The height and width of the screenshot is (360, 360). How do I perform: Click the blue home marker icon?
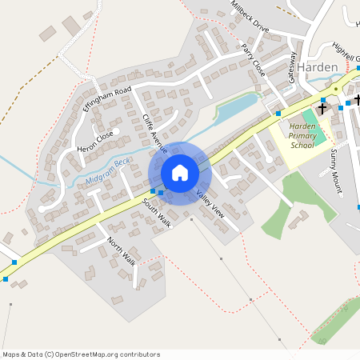pyautogui.click(x=179, y=173)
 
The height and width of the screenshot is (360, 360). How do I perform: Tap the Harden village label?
pyautogui.click(x=321, y=67)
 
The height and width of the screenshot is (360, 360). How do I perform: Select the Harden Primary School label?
pyautogui.click(x=303, y=134)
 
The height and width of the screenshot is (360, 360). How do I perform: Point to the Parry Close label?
pyautogui.click(x=253, y=60)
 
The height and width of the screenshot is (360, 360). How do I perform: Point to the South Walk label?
pyautogui.click(x=158, y=212)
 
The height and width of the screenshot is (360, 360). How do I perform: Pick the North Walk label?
pyautogui.click(x=122, y=251)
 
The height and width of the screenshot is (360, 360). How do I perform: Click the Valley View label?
pyautogui.click(x=210, y=206)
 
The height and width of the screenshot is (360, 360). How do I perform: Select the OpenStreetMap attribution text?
pyautogui.click(x=81, y=354)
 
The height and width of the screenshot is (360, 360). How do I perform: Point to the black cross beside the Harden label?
pyautogui.click(x=323, y=106)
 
